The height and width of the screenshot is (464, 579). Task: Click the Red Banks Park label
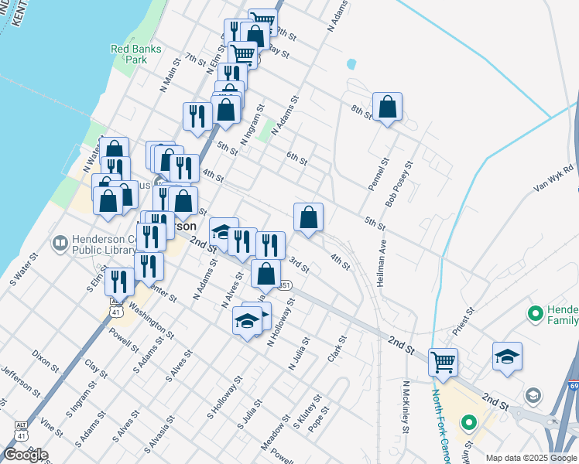pos(135,53)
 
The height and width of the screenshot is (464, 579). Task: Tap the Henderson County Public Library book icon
pos(60,244)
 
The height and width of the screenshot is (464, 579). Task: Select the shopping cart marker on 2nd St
pos(443,361)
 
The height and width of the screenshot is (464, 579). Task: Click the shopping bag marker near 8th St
pos(387,107)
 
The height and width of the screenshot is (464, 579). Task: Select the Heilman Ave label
pos(382,264)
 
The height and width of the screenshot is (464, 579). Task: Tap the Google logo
pos(26,454)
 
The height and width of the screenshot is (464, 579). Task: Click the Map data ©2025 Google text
pos(531,458)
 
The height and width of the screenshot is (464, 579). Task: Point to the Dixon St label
pos(45,360)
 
